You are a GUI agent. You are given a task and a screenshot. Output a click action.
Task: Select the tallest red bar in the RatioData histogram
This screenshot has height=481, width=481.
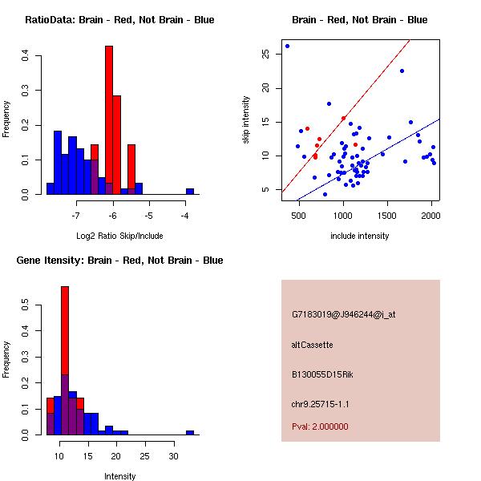(x=109, y=120)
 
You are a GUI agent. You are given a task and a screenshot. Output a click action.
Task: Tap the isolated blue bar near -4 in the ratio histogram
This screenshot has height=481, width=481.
(x=190, y=192)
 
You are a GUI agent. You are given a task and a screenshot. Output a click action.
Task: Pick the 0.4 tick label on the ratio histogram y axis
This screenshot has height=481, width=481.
(x=26, y=56)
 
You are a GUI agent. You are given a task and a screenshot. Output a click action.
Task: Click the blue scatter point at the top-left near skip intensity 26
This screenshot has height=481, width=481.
(x=287, y=46)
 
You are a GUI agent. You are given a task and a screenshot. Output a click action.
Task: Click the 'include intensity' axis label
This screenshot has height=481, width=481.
(x=360, y=236)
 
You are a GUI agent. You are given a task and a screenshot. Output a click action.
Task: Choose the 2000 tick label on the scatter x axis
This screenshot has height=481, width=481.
(x=430, y=215)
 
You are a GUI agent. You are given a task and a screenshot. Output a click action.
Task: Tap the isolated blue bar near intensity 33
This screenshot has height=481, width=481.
(x=190, y=432)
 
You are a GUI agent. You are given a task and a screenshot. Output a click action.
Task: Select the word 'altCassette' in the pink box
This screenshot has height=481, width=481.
(x=312, y=345)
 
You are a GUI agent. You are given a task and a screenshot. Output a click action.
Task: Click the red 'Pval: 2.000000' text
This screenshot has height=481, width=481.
(x=320, y=426)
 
